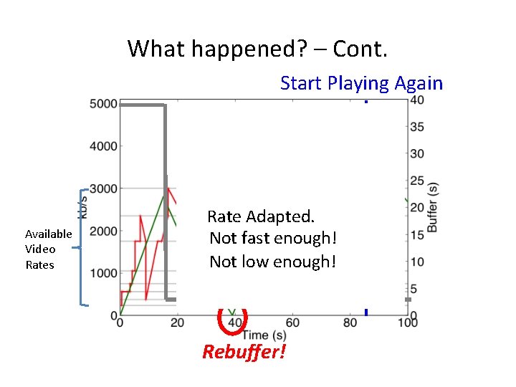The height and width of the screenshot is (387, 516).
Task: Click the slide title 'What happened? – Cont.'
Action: click(x=257, y=49)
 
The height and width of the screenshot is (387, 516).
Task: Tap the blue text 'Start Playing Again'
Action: click(x=361, y=83)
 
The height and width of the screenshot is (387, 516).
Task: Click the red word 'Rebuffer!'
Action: click(x=244, y=352)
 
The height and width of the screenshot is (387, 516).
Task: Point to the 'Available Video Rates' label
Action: click(x=48, y=249)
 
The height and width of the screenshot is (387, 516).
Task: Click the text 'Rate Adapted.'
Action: click(x=261, y=216)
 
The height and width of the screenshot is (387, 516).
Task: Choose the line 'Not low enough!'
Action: click(x=272, y=262)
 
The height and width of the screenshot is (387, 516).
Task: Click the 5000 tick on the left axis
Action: click(x=103, y=105)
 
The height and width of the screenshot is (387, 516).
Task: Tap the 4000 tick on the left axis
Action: click(x=103, y=147)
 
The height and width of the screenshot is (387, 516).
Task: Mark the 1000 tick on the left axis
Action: click(x=103, y=274)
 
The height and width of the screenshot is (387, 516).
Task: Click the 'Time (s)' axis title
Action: click(x=263, y=335)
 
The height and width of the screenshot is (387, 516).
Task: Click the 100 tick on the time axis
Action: click(x=407, y=323)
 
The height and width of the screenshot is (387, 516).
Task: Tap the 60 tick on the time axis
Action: click(x=292, y=323)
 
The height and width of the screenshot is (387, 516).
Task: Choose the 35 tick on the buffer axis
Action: click(x=416, y=127)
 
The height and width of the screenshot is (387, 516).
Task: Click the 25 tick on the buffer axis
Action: click(x=416, y=181)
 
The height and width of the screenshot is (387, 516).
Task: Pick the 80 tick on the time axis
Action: click(x=350, y=323)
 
